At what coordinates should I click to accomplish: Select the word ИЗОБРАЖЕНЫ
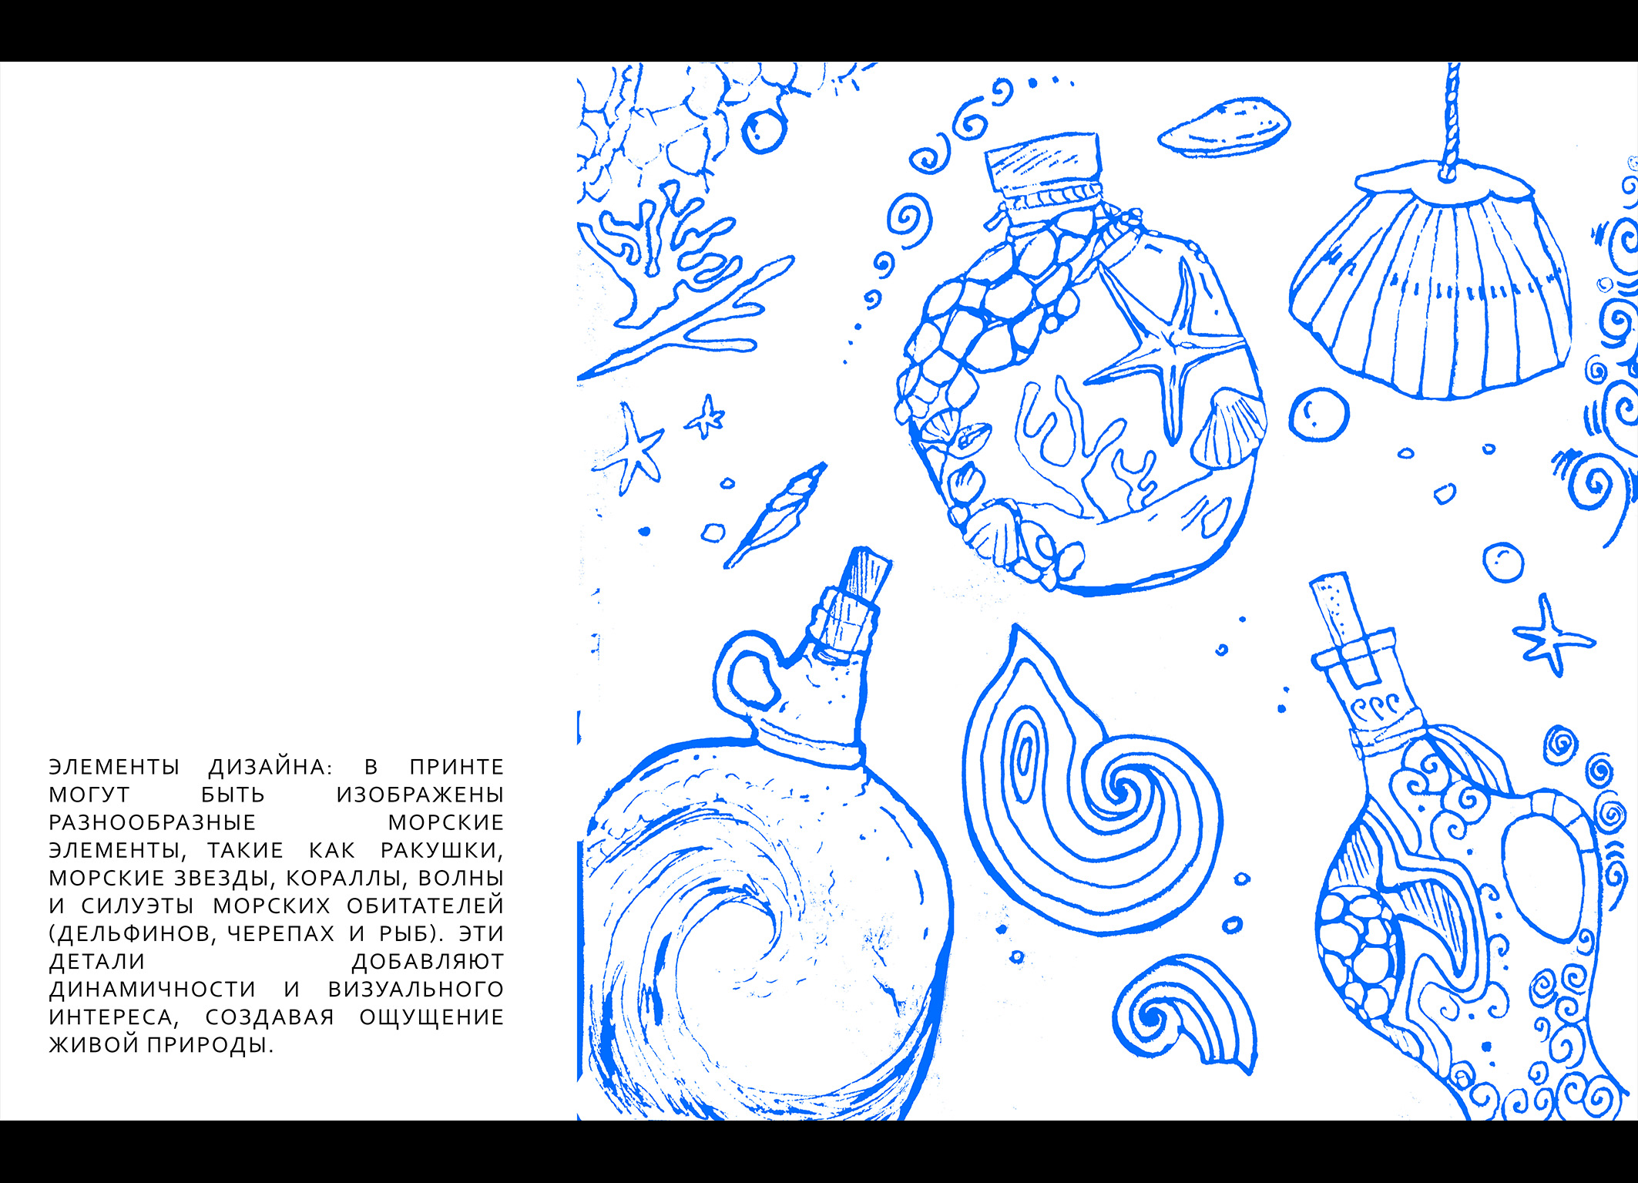[x=420, y=795]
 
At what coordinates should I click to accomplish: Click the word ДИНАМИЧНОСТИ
[x=153, y=989]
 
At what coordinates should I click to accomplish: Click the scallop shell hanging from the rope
[x=1431, y=281]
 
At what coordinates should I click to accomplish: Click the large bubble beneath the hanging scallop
[x=1319, y=415]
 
